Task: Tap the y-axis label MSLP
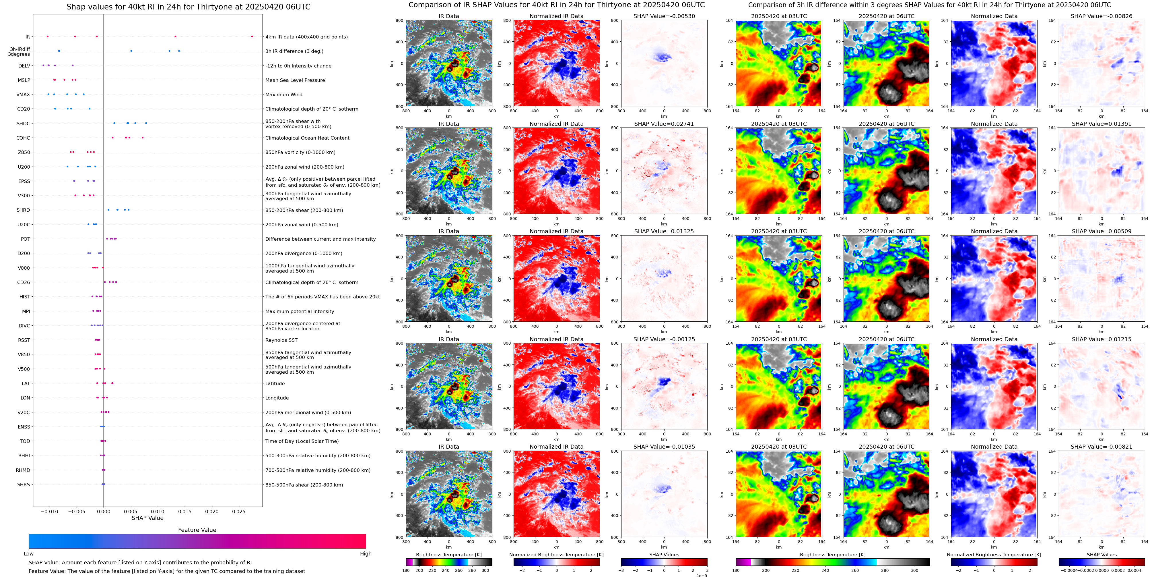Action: pos(24,80)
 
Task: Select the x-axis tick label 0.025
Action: pos(238,511)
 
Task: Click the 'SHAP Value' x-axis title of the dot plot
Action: pos(147,518)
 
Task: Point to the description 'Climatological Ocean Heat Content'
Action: pos(307,138)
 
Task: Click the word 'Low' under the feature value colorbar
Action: pos(29,554)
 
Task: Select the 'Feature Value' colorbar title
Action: pos(197,530)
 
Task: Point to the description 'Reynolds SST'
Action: pos(281,340)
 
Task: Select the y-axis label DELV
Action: pos(24,66)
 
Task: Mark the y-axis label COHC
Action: pos(23,138)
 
